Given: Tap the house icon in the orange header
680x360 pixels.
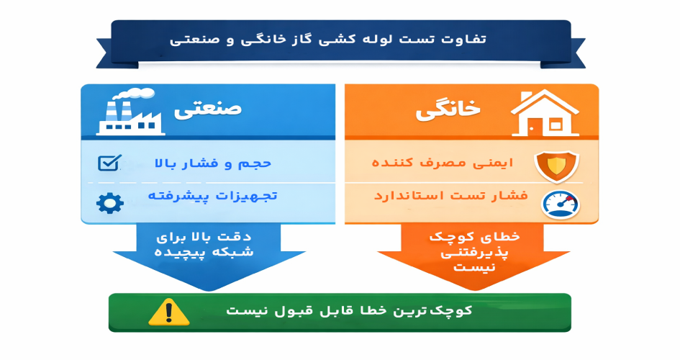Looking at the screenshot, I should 545,114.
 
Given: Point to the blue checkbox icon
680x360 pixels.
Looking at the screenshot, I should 109,163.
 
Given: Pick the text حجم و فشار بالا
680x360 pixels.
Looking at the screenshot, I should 213,163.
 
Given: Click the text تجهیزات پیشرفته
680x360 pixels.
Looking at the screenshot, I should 213,196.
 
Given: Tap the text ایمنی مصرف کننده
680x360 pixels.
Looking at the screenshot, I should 443,163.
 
